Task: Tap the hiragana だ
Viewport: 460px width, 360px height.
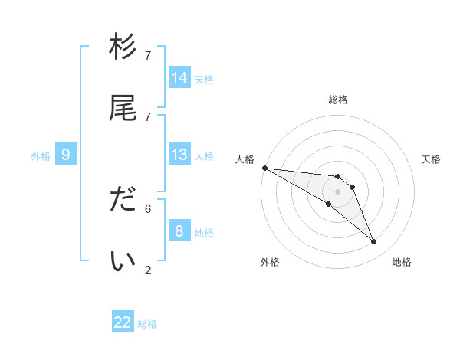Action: [123, 200]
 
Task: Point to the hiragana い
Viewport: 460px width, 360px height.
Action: [123, 261]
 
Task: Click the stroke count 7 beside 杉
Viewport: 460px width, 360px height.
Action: [148, 56]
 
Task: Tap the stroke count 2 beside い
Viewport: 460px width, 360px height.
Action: [148, 270]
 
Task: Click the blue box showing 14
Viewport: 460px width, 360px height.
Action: [179, 77]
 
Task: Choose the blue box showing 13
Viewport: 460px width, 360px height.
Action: [179, 155]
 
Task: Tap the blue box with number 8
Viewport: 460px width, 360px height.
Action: [179, 231]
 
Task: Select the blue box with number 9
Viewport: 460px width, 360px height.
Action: [66, 155]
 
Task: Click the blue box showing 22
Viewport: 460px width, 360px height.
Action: [123, 322]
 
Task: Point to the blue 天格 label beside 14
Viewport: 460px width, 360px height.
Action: [204, 79]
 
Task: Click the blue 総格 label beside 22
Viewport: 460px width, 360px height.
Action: [147, 324]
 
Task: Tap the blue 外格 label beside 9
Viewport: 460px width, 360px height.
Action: [41, 156]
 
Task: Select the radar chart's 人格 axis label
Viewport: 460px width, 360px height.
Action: [245, 159]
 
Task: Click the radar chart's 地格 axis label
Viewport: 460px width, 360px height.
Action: [402, 262]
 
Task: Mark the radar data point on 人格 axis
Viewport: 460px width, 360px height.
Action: [264, 168]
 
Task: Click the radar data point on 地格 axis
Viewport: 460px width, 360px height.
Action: [373, 242]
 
